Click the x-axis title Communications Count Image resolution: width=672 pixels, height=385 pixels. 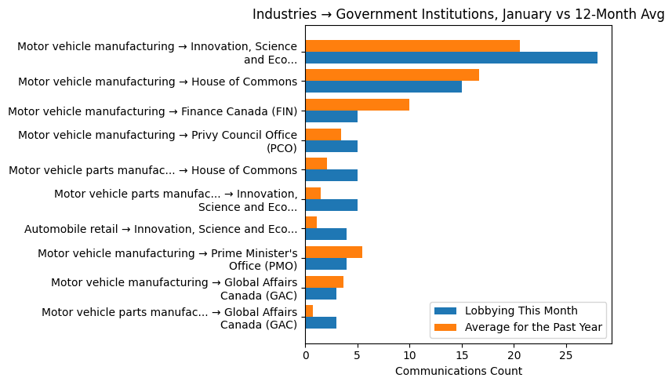[458, 371]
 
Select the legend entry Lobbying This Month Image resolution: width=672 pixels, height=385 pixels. [521, 310]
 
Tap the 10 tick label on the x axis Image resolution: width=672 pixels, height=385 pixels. [409, 354]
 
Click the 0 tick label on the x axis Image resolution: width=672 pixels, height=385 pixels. [305, 354]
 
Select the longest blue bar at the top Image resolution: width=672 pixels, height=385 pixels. [451, 58]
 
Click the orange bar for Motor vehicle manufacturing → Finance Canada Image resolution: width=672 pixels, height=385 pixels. [357, 105]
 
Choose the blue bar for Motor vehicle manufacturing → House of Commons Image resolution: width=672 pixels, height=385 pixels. [383, 87]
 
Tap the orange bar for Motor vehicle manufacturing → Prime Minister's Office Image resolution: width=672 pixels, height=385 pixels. [333, 252]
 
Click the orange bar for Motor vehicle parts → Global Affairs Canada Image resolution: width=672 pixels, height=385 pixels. [309, 311]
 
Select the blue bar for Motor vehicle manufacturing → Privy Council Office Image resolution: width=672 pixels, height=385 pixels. [331, 146]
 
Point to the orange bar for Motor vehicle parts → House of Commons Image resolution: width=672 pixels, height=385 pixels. [316, 164]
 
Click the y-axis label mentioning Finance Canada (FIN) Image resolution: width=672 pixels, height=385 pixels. [152, 111]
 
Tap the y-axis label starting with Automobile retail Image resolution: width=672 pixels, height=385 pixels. [161, 229]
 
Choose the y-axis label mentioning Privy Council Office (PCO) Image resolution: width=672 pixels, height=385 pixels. [158, 141]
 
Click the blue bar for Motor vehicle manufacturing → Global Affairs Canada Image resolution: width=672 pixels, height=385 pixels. [321, 293]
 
